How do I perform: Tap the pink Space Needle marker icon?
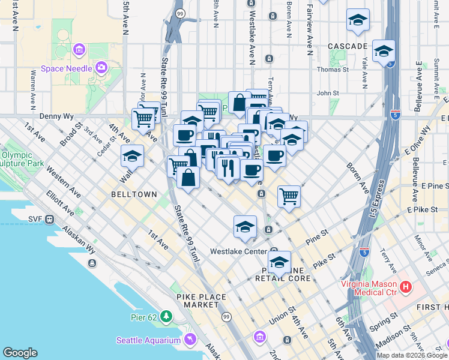click(100, 66)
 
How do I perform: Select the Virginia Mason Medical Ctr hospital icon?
click(406, 287)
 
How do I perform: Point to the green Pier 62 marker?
click(166, 316)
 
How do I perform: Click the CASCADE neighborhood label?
click(348, 46)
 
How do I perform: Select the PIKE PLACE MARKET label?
click(202, 301)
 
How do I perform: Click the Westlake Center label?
click(238, 251)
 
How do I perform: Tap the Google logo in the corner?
click(20, 353)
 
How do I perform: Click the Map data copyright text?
click(412, 355)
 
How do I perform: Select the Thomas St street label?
click(333, 70)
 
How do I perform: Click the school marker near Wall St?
click(132, 157)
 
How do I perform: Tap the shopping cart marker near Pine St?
click(289, 196)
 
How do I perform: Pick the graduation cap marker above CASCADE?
click(357, 20)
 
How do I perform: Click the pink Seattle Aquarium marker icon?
click(190, 340)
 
